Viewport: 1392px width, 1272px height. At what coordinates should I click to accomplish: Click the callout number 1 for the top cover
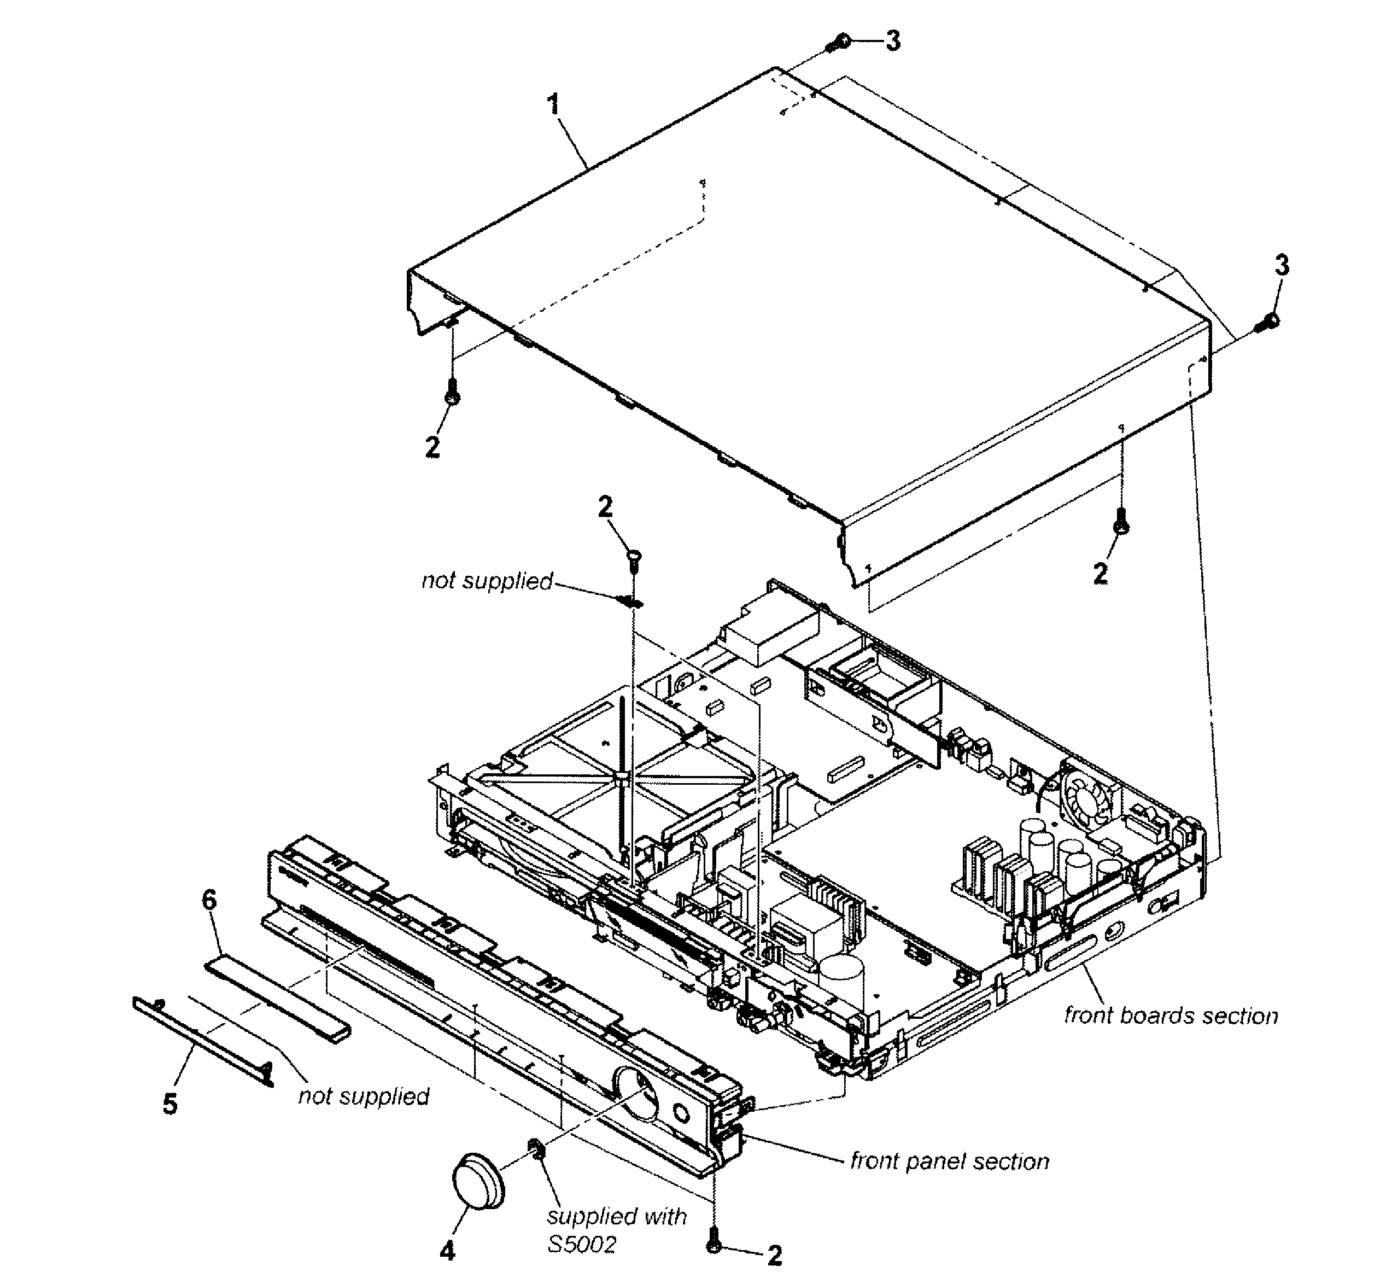(553, 105)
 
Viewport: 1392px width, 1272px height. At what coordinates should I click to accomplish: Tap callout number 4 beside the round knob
(447, 1249)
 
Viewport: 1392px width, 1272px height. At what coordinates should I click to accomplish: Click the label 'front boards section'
(1171, 1015)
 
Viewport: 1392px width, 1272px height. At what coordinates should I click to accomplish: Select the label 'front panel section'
(949, 1161)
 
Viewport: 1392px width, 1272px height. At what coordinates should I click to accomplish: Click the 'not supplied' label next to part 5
(364, 1096)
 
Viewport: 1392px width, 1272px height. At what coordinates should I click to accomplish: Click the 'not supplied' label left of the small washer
(487, 581)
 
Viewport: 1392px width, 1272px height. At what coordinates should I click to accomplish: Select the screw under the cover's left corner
(452, 394)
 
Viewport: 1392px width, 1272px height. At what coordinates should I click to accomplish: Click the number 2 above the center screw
(605, 507)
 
